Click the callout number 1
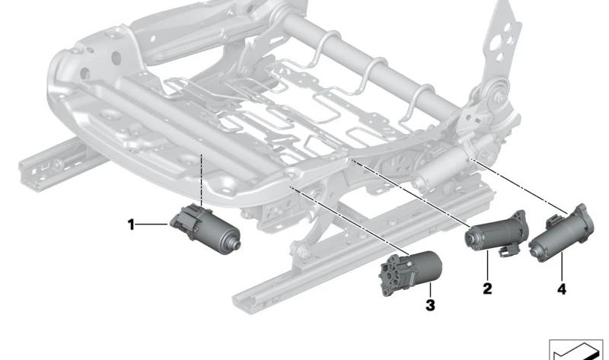[x=131, y=225]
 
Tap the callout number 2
[x=487, y=288]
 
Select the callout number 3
[x=430, y=305]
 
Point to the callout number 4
[x=562, y=289]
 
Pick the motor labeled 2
[x=497, y=234]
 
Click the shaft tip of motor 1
[x=236, y=244]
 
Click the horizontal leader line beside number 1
[x=153, y=224]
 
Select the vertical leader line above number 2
[x=487, y=266]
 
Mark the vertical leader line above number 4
[x=562, y=267]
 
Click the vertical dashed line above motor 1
[x=201, y=180]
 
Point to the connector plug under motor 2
[x=508, y=251]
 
